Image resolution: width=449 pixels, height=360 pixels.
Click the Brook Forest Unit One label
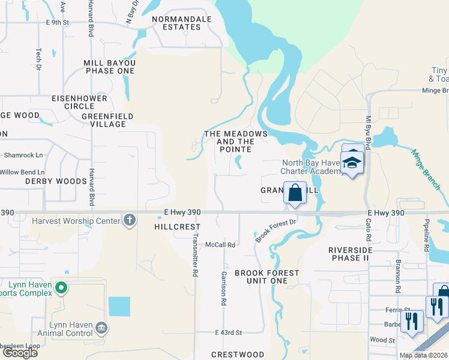point(267,277)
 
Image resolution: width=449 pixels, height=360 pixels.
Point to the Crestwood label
point(238,355)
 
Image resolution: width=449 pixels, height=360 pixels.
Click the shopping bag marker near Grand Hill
point(295,193)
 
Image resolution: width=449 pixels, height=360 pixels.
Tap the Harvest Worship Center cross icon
point(129,221)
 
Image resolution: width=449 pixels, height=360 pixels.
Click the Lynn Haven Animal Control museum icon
point(101,327)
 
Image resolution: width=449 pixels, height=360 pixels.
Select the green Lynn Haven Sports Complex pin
point(60,289)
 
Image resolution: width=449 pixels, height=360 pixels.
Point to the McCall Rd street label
point(220,245)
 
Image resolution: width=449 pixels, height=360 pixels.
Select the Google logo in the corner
point(19,353)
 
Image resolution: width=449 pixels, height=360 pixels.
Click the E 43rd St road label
point(228,332)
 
